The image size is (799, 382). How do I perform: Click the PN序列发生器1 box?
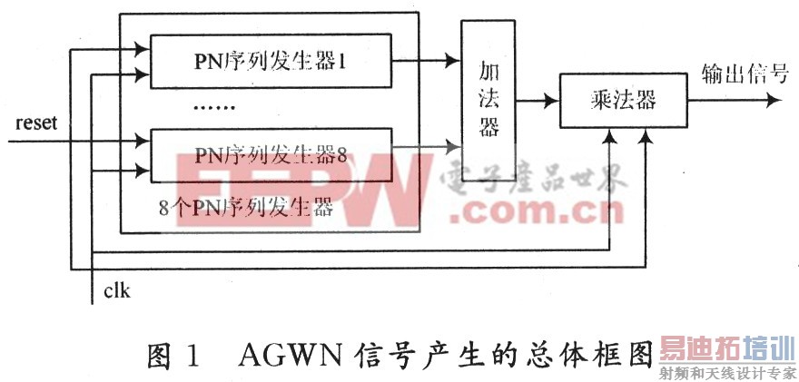point(270,62)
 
